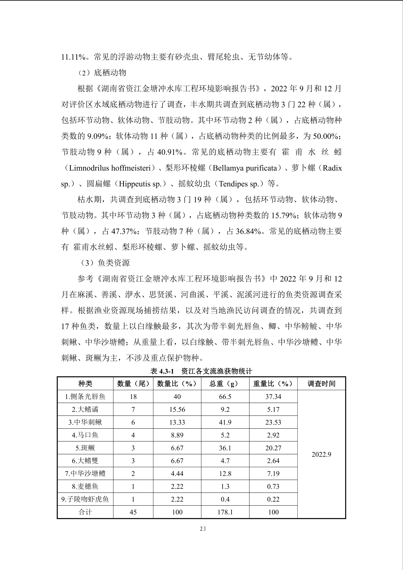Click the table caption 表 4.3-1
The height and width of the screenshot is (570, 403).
click(162, 371)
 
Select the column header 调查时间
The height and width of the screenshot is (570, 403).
click(321, 384)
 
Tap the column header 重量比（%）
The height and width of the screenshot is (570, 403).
click(273, 384)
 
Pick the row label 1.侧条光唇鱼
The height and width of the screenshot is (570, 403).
click(85, 397)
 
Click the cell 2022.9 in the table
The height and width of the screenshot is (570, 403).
click(321, 454)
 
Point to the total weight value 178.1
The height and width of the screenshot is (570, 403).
click(225, 512)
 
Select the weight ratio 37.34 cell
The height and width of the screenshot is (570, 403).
click(273, 397)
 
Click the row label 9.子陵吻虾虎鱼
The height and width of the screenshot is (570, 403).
click(85, 499)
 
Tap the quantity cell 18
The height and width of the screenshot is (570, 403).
click(133, 397)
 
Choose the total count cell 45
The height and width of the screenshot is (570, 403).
click(133, 512)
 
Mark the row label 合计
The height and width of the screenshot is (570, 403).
click(85, 512)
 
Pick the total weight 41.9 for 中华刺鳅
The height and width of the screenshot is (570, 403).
click(225, 422)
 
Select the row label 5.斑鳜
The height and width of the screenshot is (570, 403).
click(85, 448)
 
